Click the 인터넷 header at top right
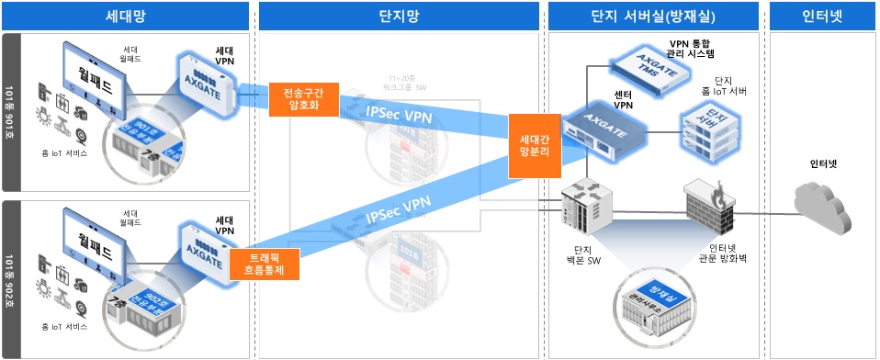(x=822, y=16)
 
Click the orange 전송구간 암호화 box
(x=303, y=99)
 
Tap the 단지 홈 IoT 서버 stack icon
(x=705, y=131)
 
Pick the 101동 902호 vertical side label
(x=10, y=278)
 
